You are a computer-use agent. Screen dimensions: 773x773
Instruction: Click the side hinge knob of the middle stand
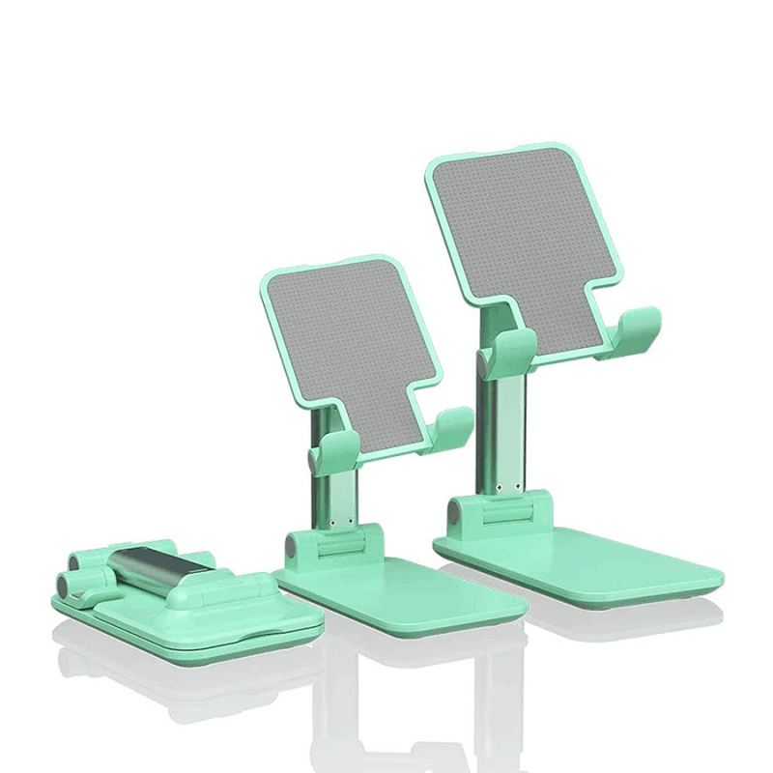293,549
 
